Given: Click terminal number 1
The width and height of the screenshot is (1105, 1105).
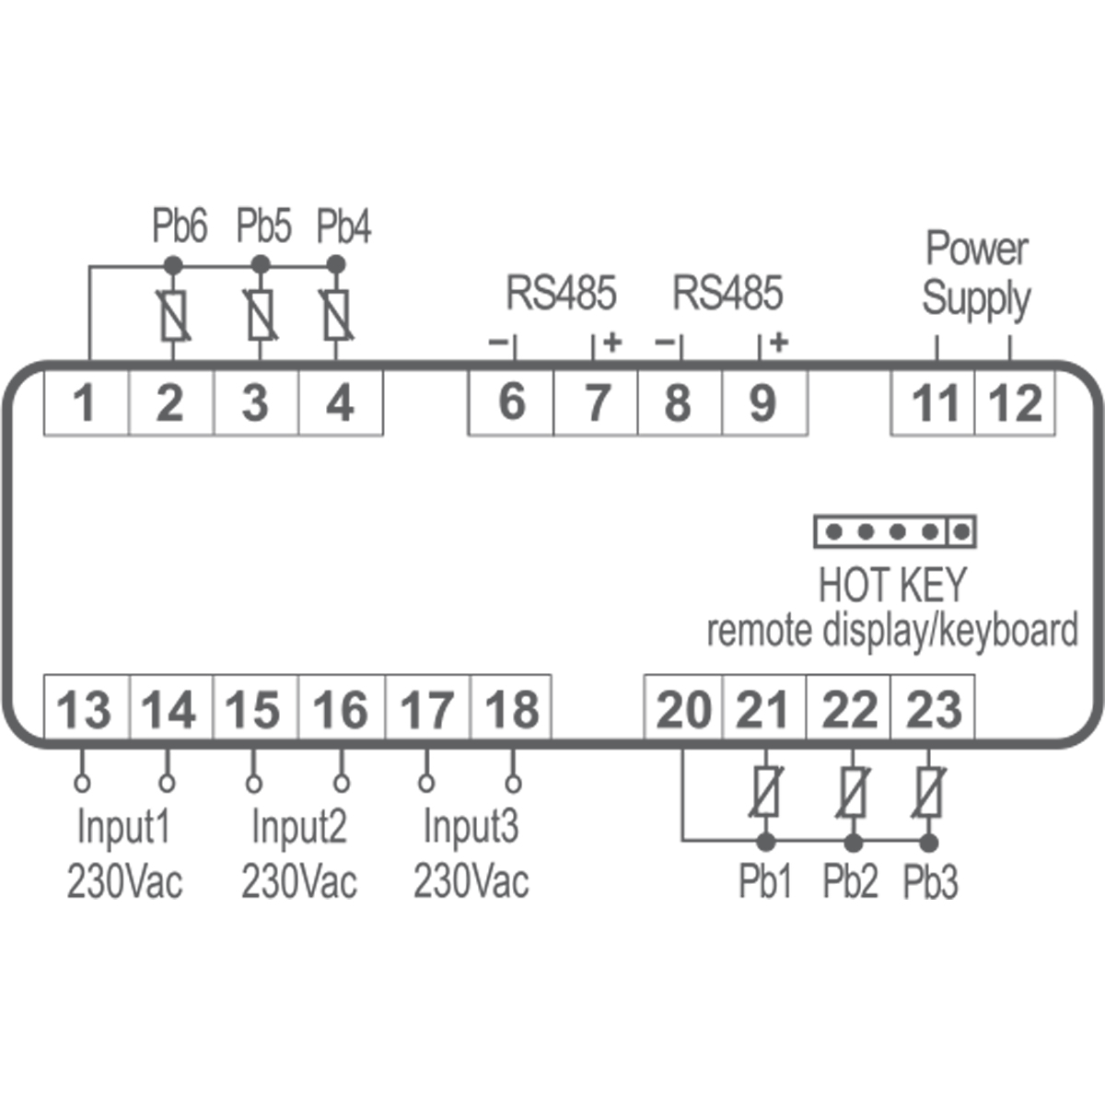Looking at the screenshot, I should [x=85, y=403].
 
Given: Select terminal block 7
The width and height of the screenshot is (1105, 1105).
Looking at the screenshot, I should [x=597, y=403].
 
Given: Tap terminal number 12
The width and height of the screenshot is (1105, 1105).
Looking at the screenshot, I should [x=1015, y=403].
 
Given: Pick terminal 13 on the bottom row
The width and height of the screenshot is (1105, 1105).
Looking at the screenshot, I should [x=85, y=710].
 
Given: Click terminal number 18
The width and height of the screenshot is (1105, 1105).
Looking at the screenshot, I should [x=512, y=710].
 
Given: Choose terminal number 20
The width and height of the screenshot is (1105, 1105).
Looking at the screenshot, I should [x=683, y=710].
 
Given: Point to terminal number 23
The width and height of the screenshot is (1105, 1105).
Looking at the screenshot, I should [x=933, y=710].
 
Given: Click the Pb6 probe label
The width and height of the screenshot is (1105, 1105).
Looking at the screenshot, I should [x=180, y=227].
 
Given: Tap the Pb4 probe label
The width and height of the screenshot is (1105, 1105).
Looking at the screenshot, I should [x=343, y=227].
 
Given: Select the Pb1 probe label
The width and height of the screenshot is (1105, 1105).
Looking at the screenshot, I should [x=765, y=881].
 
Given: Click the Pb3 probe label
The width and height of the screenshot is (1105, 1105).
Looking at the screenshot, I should [x=930, y=881].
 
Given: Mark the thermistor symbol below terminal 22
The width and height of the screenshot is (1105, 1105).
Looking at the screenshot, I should [x=854, y=793].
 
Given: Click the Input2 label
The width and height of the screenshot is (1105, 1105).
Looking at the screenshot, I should [x=298, y=826].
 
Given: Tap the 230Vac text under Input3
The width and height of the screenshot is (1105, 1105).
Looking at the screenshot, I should [x=471, y=881].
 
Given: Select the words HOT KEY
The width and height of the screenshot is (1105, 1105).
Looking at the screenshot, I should [x=892, y=585].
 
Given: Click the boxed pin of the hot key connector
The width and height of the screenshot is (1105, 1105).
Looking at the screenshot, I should [x=961, y=531].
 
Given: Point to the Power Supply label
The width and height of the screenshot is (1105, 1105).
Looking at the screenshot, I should [x=976, y=273].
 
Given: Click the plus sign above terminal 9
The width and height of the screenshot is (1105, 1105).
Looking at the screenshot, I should [x=779, y=343].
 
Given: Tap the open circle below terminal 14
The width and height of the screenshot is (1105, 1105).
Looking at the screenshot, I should [x=167, y=784].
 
